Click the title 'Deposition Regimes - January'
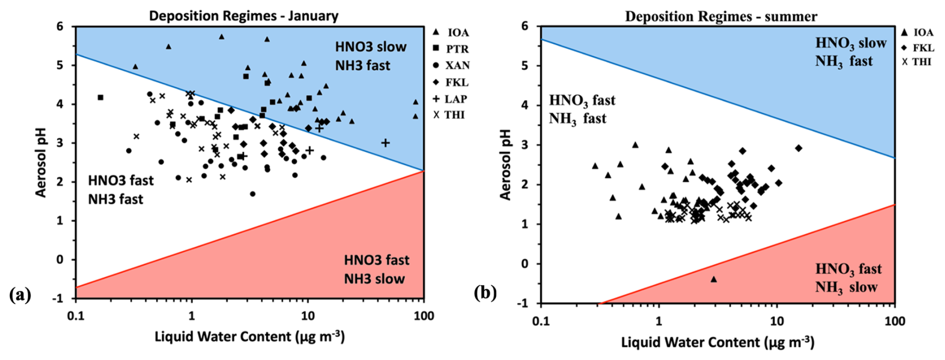click(244, 16)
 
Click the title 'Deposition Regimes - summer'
click(721, 16)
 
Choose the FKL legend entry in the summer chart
click(918, 48)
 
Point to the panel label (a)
click(20, 294)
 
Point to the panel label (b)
click(485, 293)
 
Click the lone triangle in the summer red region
click(714, 279)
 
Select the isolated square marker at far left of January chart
click(100, 97)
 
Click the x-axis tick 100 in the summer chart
click(894, 321)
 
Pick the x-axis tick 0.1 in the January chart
click(75, 316)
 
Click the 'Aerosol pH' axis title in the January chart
click(40, 162)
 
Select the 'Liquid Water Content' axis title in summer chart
click(717, 343)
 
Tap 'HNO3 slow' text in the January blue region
click(370, 47)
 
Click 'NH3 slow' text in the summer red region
click(846, 287)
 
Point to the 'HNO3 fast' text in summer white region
click(582, 100)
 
